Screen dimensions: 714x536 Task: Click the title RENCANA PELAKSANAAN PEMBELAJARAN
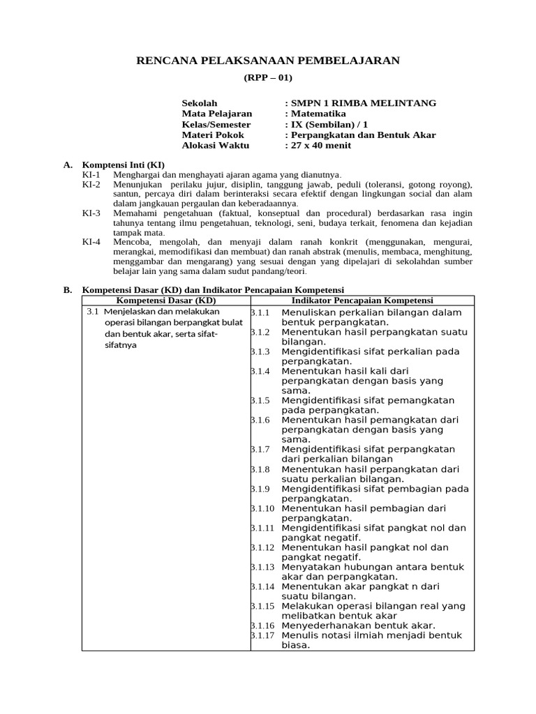267,61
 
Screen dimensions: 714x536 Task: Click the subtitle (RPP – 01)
267,77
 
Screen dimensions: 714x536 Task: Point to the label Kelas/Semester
216,124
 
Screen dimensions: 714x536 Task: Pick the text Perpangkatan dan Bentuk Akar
363,135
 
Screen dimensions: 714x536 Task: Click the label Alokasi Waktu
215,146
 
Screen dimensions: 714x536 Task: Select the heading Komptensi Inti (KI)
124,165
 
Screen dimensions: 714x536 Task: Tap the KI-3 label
91,213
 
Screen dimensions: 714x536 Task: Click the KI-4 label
91,241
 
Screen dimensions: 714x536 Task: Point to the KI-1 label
91,174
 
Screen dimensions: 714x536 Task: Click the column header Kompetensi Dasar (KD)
166,300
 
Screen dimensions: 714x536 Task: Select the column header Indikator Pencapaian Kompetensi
362,300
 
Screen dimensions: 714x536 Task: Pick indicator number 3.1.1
260,312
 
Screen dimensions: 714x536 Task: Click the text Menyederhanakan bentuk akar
358,625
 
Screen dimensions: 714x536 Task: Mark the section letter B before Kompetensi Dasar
68,289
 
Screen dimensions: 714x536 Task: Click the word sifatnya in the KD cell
120,344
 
